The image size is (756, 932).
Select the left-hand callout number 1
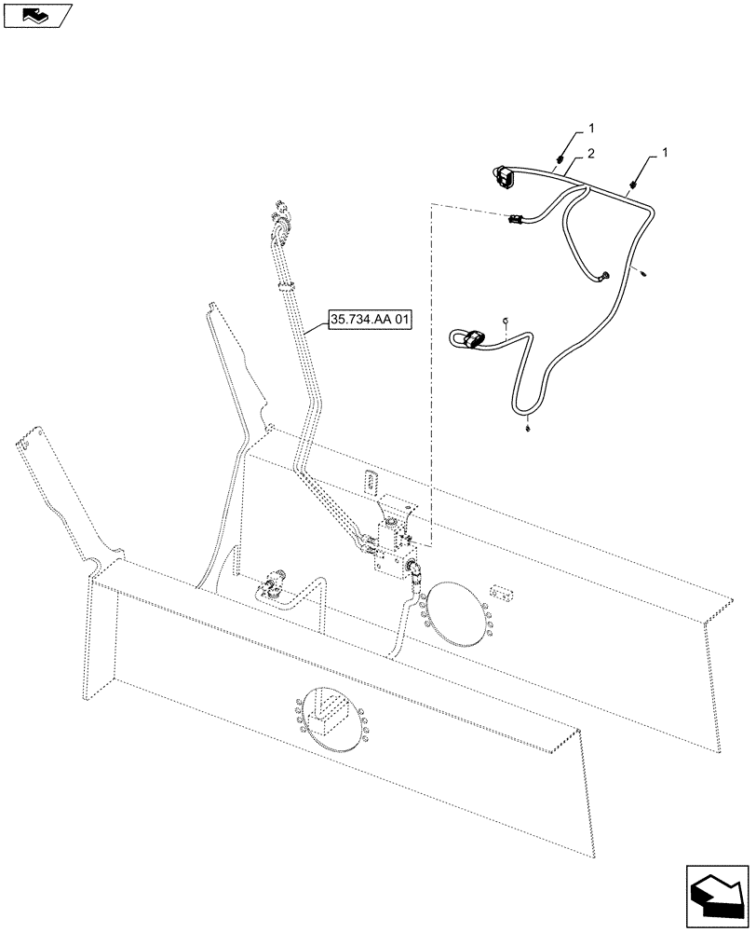(x=590, y=126)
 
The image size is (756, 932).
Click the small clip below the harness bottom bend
(x=528, y=429)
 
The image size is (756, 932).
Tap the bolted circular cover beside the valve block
(x=454, y=615)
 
